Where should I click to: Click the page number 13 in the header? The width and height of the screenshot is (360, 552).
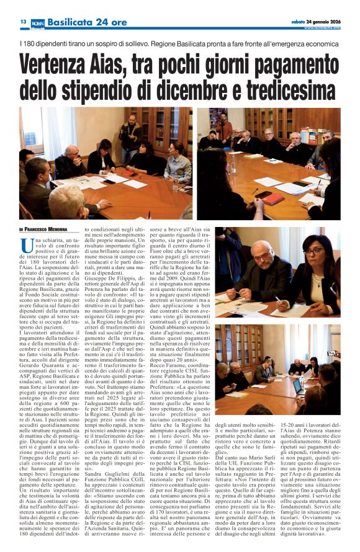click(23, 22)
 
